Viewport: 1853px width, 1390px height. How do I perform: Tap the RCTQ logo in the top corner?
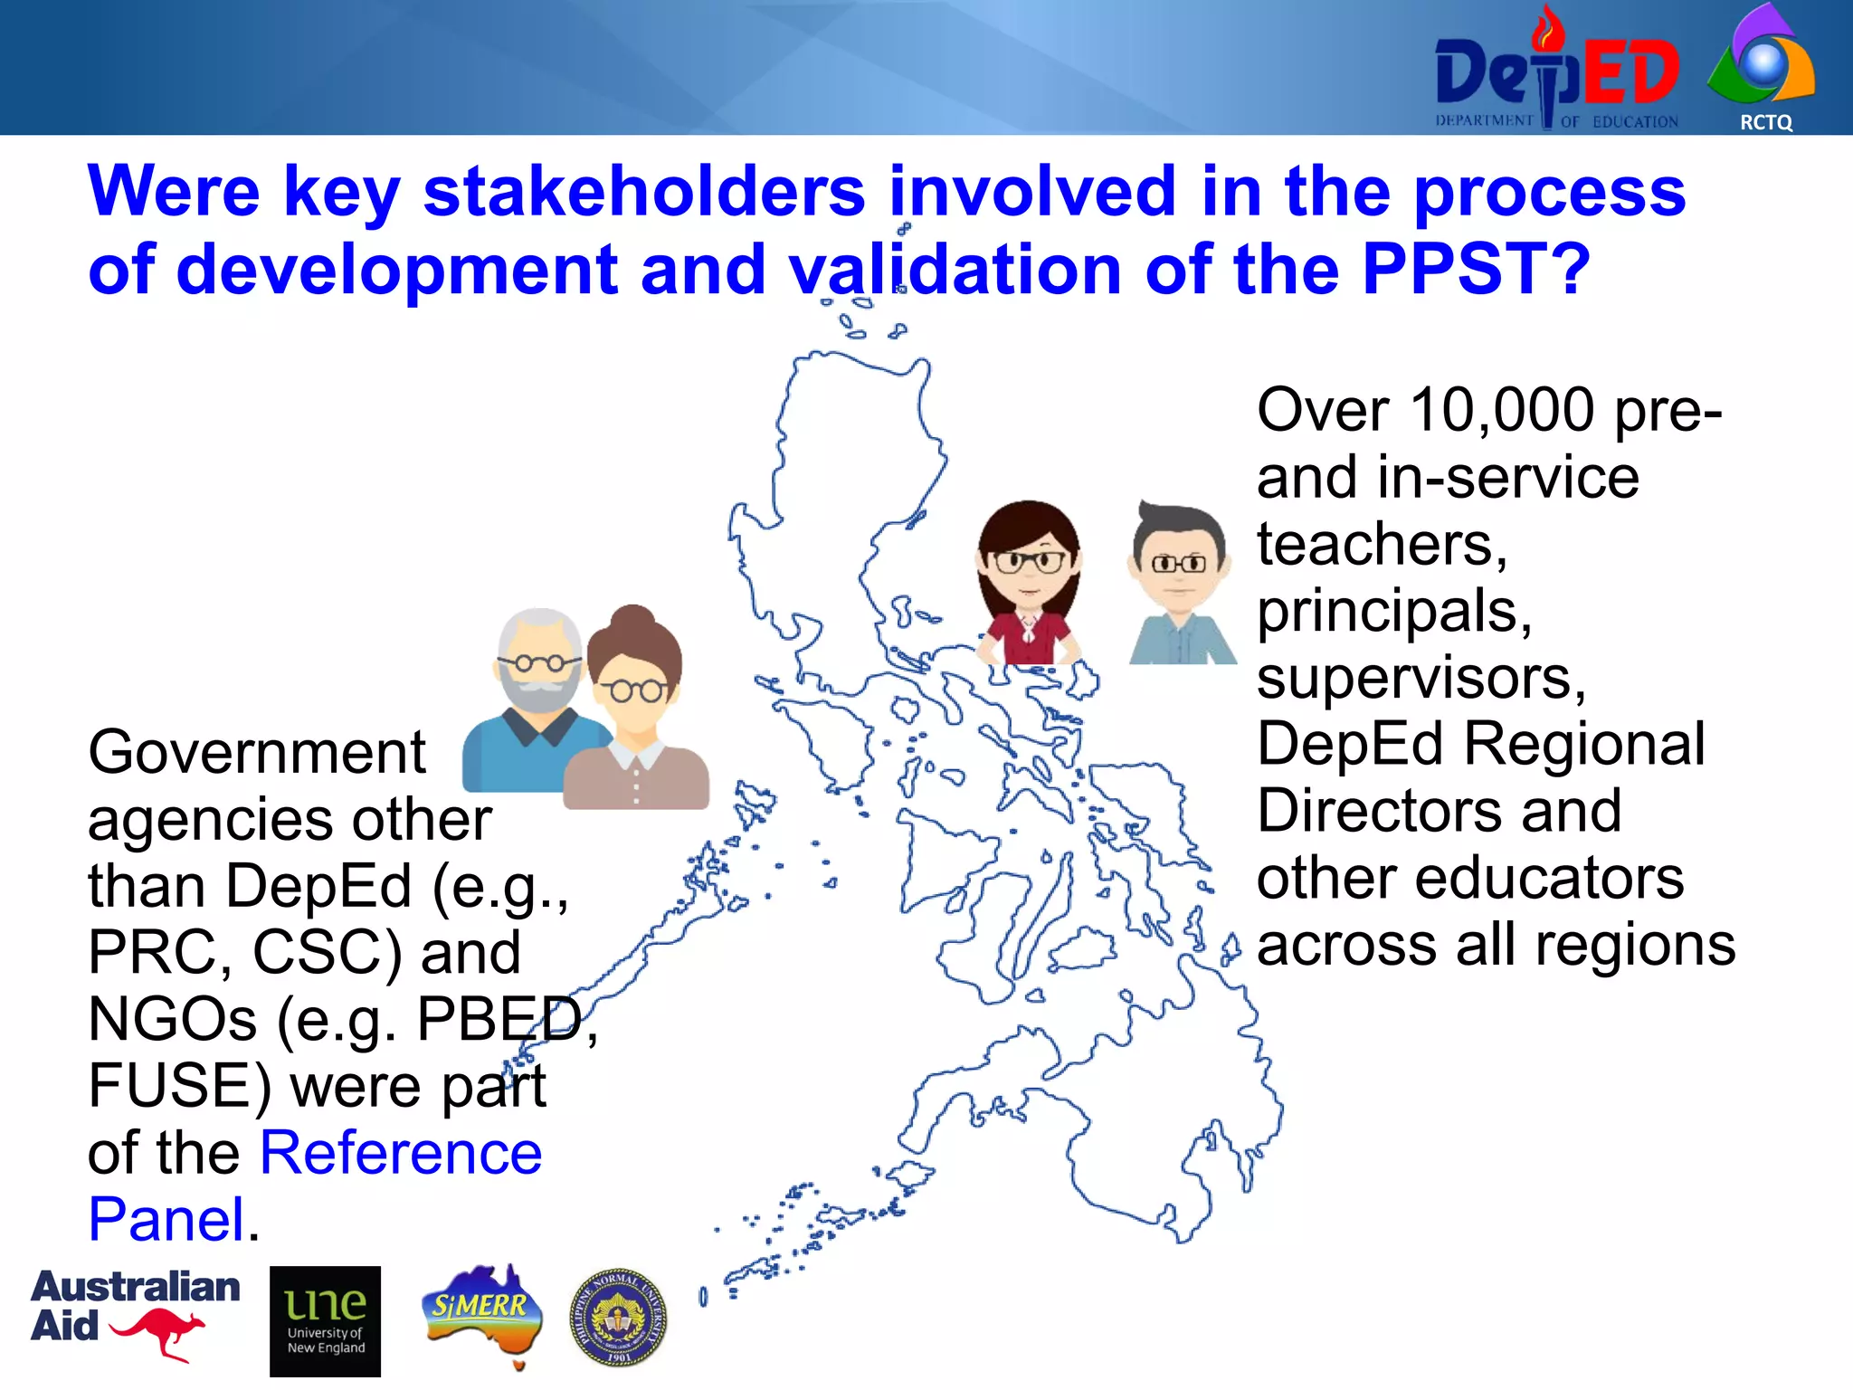coord(1763,68)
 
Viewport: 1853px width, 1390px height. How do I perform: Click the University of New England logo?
coord(325,1320)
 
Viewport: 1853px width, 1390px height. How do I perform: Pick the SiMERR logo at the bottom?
coord(481,1312)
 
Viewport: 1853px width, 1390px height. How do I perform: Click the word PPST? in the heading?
coord(1475,269)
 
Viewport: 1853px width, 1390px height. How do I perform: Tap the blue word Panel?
coord(166,1219)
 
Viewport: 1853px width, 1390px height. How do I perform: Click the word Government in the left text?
coord(256,752)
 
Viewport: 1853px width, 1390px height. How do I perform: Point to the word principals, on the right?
coord(1393,612)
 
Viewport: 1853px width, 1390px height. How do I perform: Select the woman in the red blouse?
coord(1030,584)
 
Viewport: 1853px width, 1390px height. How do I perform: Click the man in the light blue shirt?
coord(1180,584)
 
